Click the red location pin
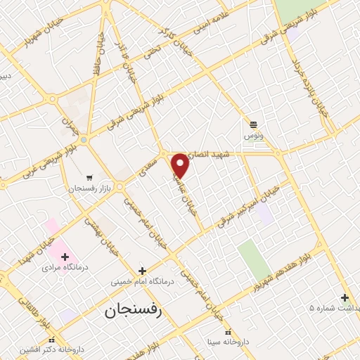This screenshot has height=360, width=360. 181,165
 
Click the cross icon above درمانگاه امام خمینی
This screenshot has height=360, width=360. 142,271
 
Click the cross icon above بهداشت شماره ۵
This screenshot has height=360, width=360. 345,297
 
